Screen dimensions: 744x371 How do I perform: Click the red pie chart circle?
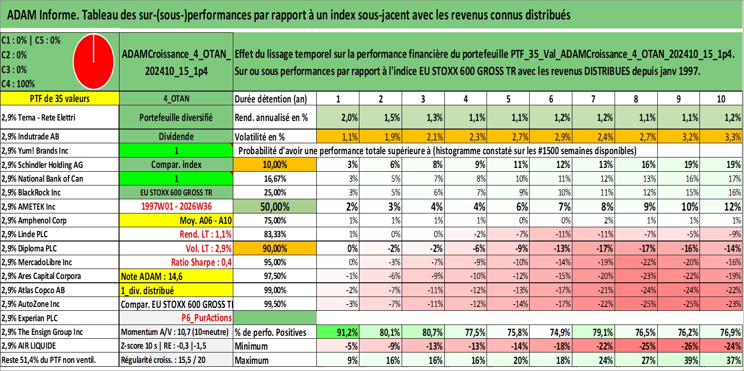(94, 62)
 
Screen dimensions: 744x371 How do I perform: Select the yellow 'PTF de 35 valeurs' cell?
(60, 98)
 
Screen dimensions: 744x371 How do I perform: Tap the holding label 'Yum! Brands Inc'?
(43, 151)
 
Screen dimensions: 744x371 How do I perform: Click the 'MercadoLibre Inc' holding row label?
(45, 262)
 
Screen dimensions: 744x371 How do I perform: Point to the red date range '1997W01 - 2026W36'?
(176, 206)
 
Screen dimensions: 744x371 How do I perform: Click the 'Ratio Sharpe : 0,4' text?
(201, 262)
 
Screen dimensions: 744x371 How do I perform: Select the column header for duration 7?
(593, 99)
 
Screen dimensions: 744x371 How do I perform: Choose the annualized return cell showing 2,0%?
(338, 117)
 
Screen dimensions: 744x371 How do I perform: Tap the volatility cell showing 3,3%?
(721, 137)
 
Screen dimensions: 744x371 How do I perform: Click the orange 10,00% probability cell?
(275, 165)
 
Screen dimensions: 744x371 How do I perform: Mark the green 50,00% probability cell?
(275, 206)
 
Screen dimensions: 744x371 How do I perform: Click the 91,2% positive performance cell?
(338, 332)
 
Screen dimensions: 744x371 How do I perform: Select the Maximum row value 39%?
(679, 361)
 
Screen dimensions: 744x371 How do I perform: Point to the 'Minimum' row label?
(251, 346)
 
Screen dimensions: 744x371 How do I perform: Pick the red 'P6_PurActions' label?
(207, 318)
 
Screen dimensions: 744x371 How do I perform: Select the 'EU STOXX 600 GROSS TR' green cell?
(176, 193)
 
